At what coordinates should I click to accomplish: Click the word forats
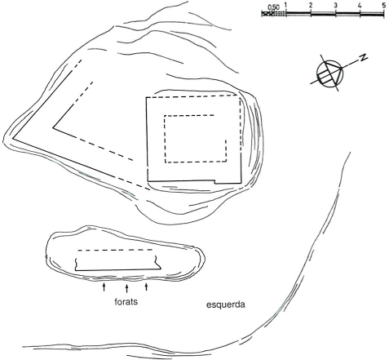click(x=126, y=301)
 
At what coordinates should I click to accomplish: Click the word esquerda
click(x=226, y=304)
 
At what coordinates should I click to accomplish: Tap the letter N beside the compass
click(x=363, y=57)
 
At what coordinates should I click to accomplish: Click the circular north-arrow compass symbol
click(x=329, y=73)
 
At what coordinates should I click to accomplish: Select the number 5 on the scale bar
click(x=383, y=5)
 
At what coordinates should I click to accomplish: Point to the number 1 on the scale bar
click(x=285, y=5)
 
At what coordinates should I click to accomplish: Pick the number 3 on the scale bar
click(x=335, y=5)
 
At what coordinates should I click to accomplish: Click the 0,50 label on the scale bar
click(x=273, y=7)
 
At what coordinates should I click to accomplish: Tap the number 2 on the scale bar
click(x=311, y=5)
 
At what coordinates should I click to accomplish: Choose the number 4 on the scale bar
click(x=360, y=5)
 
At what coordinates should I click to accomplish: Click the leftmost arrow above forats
click(x=104, y=287)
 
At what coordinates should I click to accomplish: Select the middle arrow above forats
click(x=126, y=288)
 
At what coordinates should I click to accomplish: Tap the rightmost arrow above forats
click(x=147, y=287)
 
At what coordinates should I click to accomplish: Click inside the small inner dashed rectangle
click(x=196, y=139)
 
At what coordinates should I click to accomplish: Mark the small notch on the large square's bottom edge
click(x=214, y=181)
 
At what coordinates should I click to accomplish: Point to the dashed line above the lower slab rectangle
click(x=115, y=250)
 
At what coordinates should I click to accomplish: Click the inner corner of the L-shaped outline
click(x=53, y=127)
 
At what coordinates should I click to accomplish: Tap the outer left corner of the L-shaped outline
click(x=12, y=139)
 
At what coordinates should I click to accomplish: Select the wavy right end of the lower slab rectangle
click(x=157, y=262)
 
